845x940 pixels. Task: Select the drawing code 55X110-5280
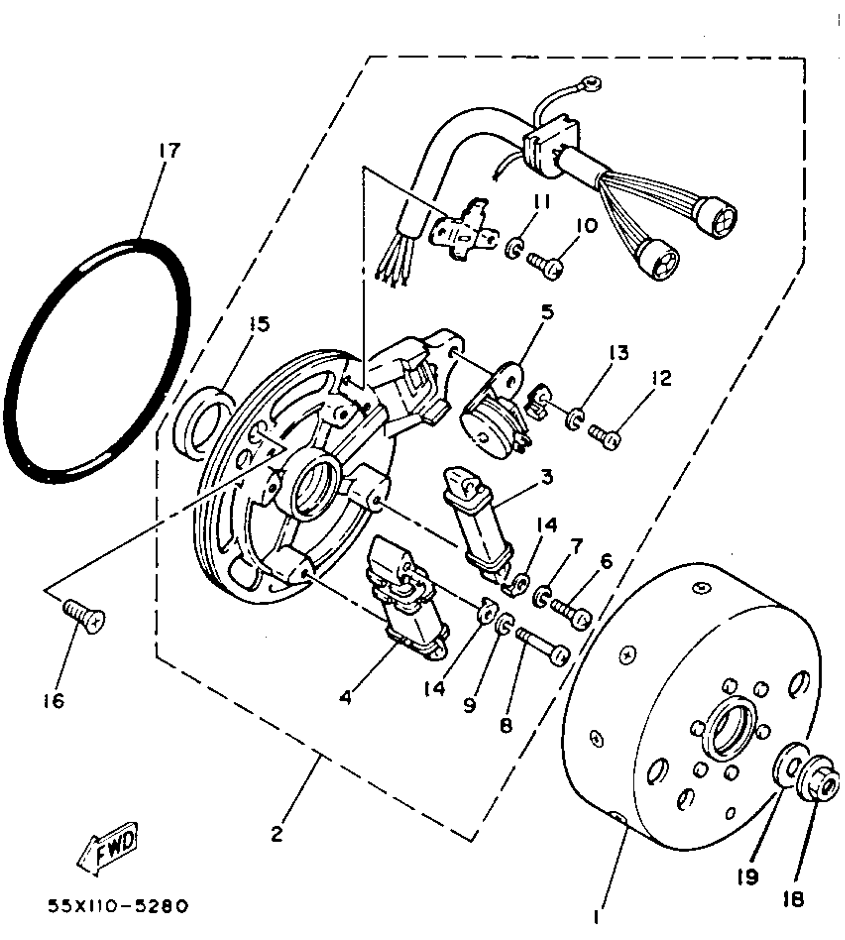[118, 906]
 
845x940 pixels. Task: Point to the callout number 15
[259, 324]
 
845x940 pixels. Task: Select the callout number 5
[547, 312]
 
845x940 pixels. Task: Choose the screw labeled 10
[546, 264]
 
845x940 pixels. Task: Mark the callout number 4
[345, 697]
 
